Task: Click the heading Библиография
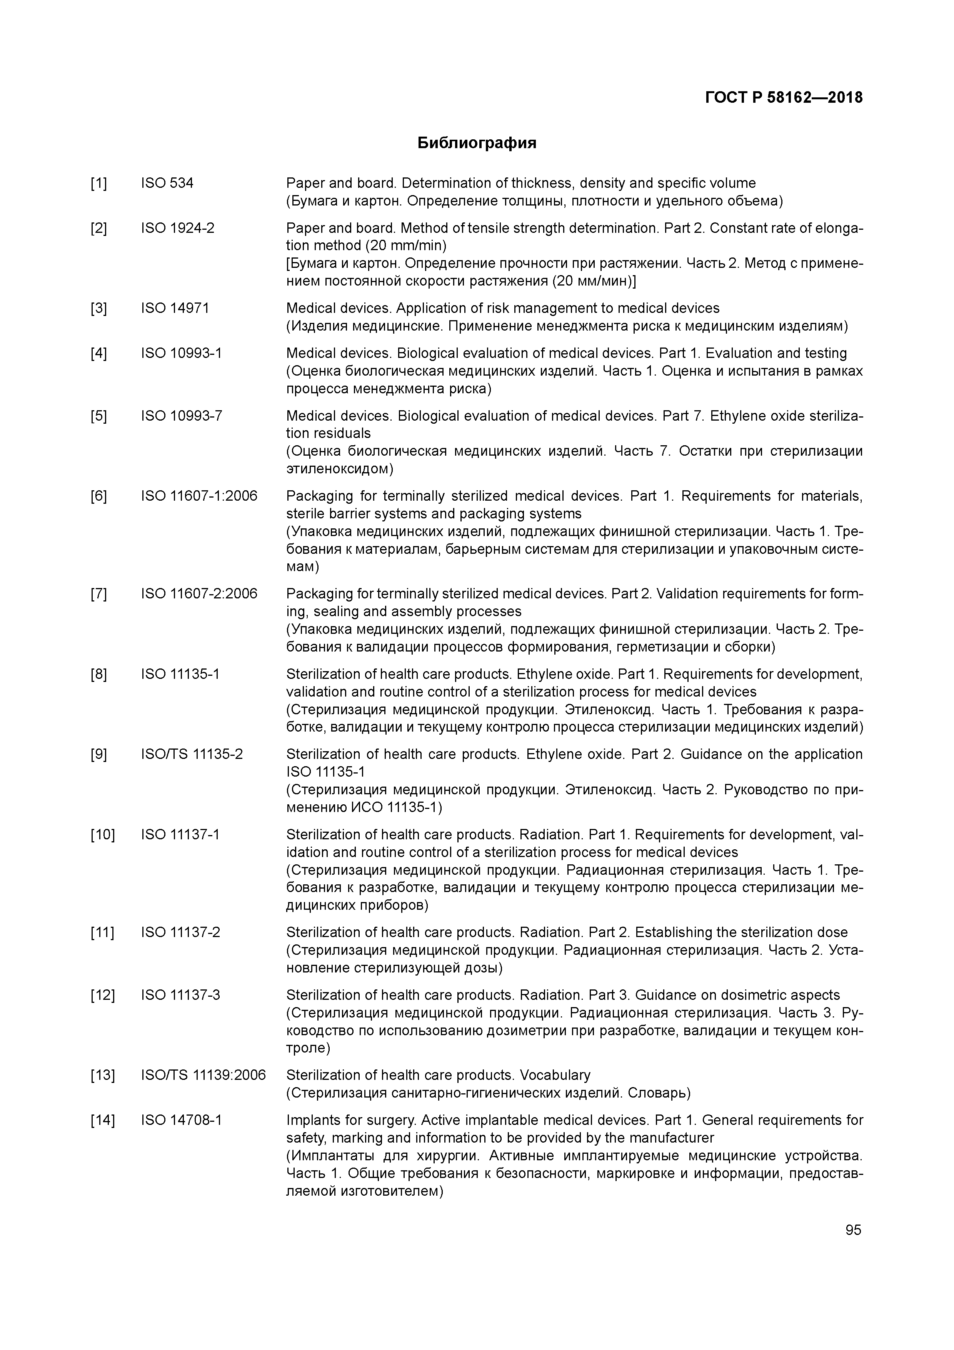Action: coord(477,143)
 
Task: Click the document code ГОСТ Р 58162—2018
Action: coord(784,98)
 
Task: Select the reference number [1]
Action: coord(99,184)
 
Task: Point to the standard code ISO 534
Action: coord(167,184)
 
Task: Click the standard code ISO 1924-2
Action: coord(177,228)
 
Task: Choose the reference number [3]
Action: coord(99,308)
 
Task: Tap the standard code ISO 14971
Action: coord(175,308)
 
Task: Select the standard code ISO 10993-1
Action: coord(181,353)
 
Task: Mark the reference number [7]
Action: coord(99,594)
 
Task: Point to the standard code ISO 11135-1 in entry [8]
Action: coord(180,674)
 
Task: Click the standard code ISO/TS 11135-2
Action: coord(192,754)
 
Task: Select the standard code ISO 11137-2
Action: coord(180,932)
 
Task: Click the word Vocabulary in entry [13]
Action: coord(555,1075)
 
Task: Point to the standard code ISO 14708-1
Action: coord(181,1120)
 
